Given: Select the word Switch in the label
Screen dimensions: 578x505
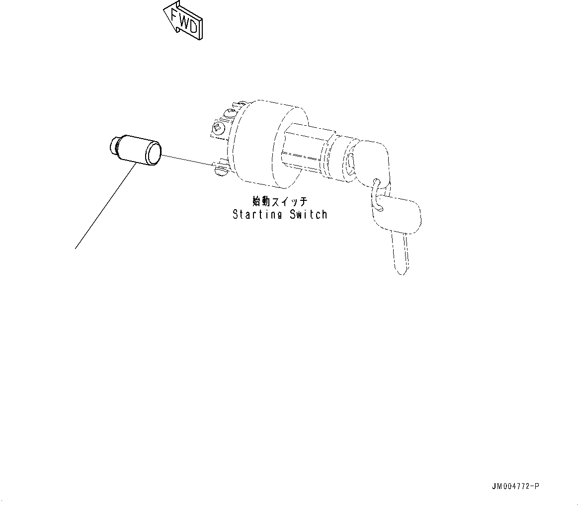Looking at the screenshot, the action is pyautogui.click(x=309, y=215).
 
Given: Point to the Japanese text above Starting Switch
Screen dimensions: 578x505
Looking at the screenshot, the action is pyautogui.click(x=280, y=201).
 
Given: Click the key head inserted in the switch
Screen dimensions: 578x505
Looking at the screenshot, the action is pyautogui.click(x=374, y=158).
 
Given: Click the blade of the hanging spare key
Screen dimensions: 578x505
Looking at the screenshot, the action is pyautogui.click(x=401, y=253).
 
